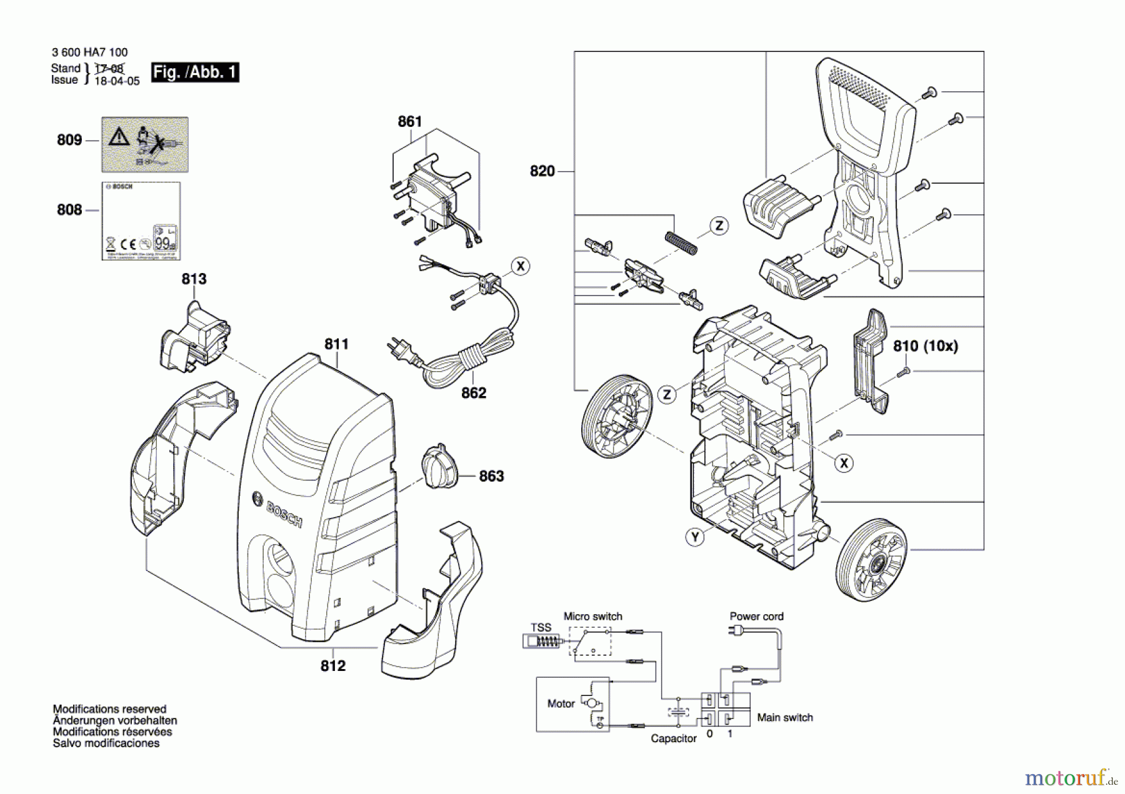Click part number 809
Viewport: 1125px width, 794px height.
(69, 140)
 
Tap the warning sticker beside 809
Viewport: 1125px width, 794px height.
(145, 144)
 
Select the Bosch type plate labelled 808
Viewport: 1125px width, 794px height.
(141, 221)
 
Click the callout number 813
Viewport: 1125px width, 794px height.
(194, 279)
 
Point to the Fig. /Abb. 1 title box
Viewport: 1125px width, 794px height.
(195, 72)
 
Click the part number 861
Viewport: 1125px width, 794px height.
(410, 122)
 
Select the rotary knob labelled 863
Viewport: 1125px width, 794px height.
(439, 467)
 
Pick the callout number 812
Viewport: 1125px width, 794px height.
(332, 666)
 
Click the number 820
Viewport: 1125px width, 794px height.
(542, 171)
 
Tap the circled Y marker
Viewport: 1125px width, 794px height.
(695, 537)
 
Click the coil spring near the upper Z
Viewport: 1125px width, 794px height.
(680, 242)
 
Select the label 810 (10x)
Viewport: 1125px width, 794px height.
(925, 346)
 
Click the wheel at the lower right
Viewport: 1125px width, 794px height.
(871, 559)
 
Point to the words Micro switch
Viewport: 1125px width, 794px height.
(592, 617)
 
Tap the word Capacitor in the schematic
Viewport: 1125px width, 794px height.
(673, 738)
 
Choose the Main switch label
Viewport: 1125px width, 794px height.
(785, 718)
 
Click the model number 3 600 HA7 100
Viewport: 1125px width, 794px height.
(89, 52)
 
